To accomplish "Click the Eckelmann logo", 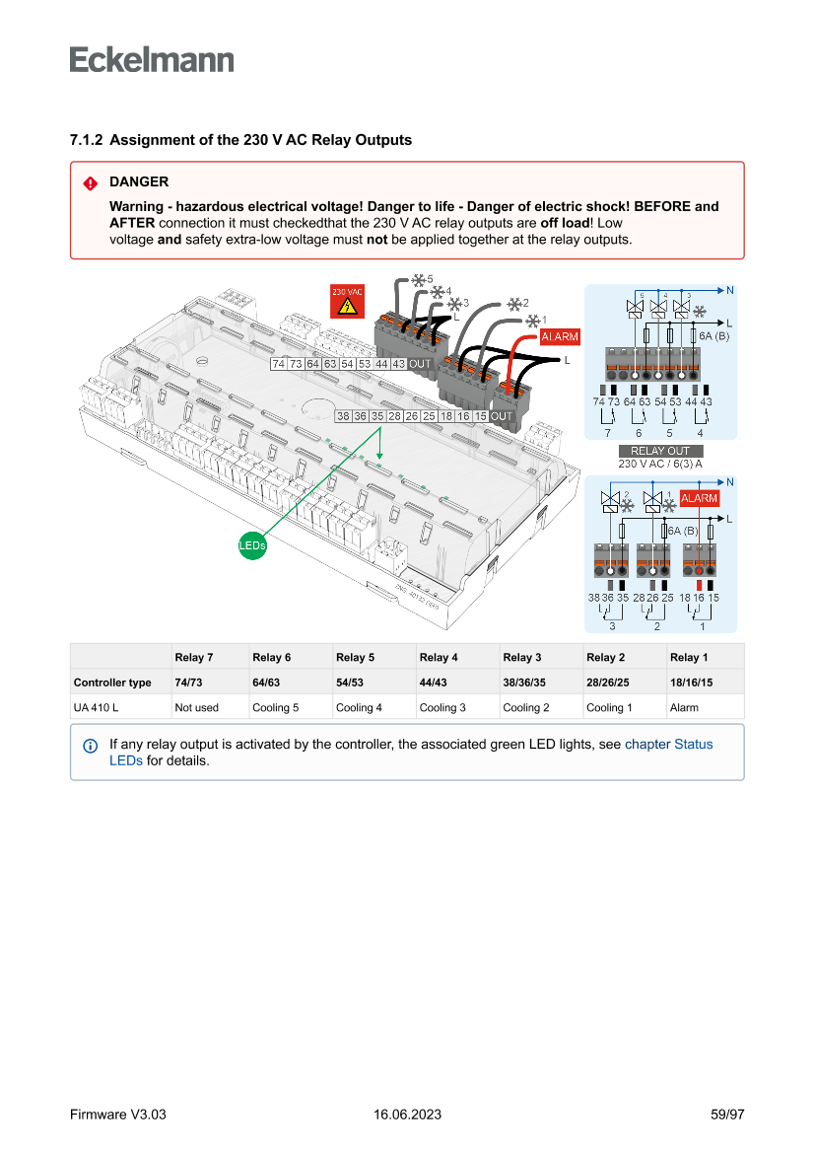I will click(152, 60).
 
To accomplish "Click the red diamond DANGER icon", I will click(90, 182).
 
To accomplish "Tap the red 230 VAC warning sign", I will click(347, 301).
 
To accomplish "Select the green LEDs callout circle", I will click(252, 543).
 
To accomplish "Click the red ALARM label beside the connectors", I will click(560, 337).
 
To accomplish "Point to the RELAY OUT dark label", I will click(659, 452).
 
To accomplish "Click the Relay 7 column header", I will click(194, 657).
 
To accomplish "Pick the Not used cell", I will click(197, 707).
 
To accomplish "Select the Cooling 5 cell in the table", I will click(275, 707).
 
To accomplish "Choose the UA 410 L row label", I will click(96, 707).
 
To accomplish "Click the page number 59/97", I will click(727, 1115).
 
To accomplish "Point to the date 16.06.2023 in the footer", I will click(407, 1115).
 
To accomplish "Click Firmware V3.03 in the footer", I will click(117, 1115).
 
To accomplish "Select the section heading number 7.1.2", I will click(86, 140).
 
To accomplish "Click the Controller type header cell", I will click(112, 683).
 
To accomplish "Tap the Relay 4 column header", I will click(439, 657).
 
